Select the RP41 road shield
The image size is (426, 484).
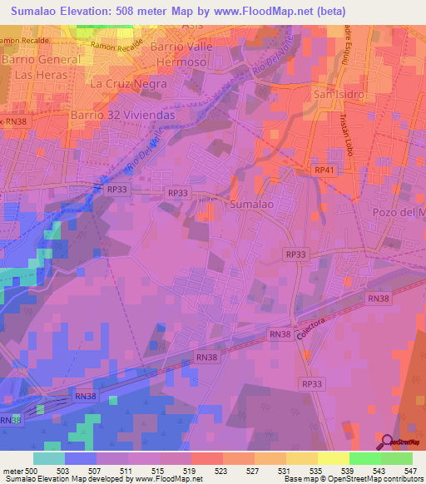coord(324,170)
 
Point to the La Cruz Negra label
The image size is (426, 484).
coord(129,84)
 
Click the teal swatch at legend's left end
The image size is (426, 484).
coord(48,458)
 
